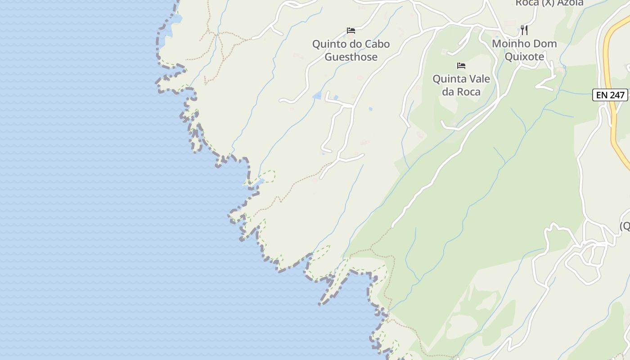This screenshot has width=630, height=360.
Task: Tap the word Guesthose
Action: (x=351, y=57)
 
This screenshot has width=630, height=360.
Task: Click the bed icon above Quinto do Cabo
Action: (x=351, y=31)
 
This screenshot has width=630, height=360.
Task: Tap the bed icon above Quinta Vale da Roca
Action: (x=461, y=66)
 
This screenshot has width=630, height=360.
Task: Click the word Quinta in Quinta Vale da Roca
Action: (x=448, y=79)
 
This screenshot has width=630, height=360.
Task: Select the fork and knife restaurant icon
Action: (x=524, y=30)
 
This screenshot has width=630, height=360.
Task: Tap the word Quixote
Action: (x=524, y=57)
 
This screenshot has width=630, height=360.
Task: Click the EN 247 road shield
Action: (x=610, y=95)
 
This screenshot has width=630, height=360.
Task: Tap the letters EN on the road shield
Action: (x=602, y=95)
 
